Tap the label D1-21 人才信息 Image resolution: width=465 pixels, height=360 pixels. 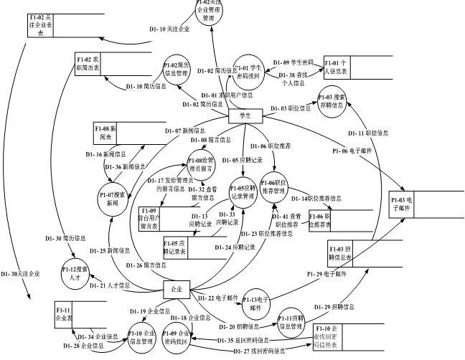click(x=114, y=285)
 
